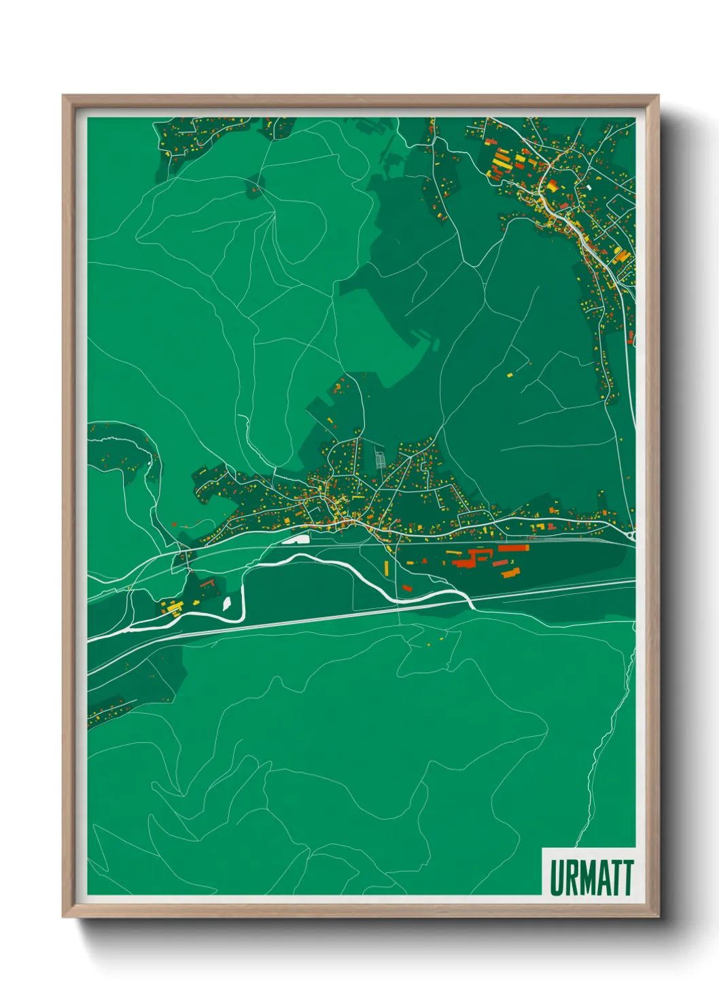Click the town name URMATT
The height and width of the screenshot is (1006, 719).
tap(591, 878)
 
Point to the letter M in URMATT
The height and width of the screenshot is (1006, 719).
tap(588, 878)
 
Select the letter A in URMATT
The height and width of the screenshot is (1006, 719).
tap(604, 878)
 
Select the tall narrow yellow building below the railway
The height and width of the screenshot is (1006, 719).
tap(387, 568)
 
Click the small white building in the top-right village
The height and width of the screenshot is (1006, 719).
tap(590, 187)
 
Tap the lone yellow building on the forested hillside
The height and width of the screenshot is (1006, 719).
tap(510, 374)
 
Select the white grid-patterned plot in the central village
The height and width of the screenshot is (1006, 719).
tap(381, 458)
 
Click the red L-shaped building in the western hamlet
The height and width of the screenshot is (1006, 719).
tap(207, 584)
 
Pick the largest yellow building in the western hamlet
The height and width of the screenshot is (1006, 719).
tap(173, 605)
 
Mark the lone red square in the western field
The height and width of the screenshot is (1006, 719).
tap(174, 524)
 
